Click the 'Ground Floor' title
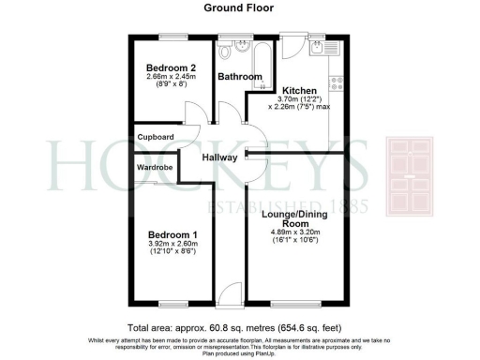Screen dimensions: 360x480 coord(239,7)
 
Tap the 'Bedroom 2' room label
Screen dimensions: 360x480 coord(171,68)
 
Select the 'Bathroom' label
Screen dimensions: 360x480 coord(239,76)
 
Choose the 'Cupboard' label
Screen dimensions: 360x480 coord(157,137)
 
